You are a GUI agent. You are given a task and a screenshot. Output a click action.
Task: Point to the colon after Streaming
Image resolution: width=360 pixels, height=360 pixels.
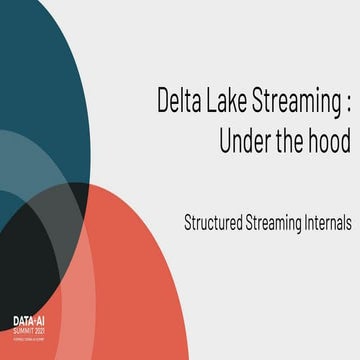pos(344,103)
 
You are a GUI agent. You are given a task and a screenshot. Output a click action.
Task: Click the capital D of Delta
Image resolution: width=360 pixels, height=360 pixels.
pos(164,101)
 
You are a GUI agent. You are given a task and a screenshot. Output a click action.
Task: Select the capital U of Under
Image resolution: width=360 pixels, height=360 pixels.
pos(226,141)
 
